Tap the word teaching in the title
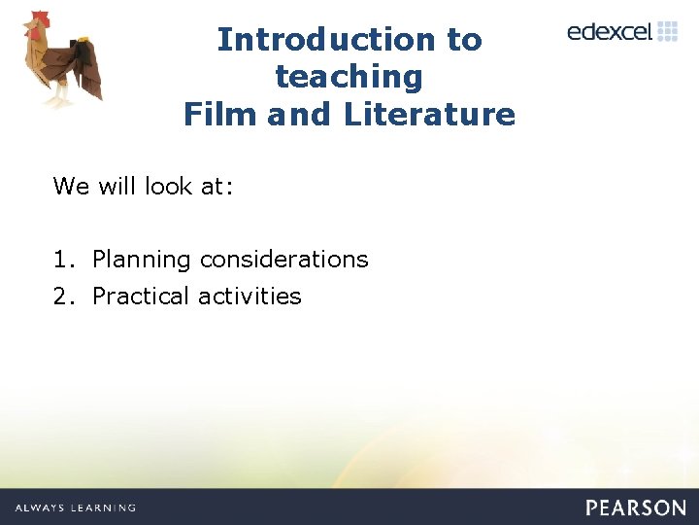(x=349, y=77)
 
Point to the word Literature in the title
(x=429, y=115)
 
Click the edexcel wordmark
(x=610, y=31)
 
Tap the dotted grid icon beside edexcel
(x=668, y=31)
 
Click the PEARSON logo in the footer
(x=635, y=507)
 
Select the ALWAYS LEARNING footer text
(x=75, y=507)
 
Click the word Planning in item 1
(x=142, y=260)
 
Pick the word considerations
(x=283, y=260)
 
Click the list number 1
(x=60, y=260)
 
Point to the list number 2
(x=60, y=297)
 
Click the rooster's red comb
(x=38, y=20)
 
